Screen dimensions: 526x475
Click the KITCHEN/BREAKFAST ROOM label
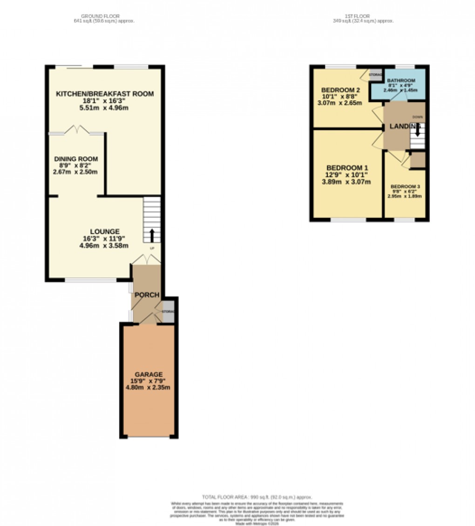[x=104, y=94]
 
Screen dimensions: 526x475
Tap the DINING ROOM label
[x=75, y=159]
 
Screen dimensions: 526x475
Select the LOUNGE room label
[x=104, y=231]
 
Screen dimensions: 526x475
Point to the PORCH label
[x=147, y=295]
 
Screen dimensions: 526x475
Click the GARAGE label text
[x=149, y=374]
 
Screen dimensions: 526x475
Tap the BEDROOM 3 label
[x=405, y=187]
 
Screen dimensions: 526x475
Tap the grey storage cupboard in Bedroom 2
[x=376, y=76]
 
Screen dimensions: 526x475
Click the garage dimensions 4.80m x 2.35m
[x=149, y=387]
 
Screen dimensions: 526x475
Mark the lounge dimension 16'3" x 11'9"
[x=104, y=238]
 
